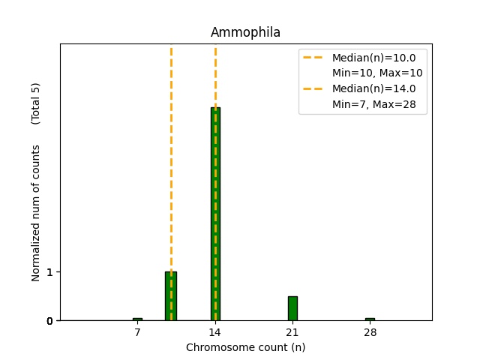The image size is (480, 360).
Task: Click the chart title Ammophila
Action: point(245,32)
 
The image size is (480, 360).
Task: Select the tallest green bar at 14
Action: point(215,214)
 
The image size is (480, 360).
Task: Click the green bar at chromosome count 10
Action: point(171,296)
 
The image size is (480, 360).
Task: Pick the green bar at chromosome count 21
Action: point(292,308)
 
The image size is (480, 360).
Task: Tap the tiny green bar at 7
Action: point(137,319)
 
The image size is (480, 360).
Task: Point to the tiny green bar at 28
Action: point(370,319)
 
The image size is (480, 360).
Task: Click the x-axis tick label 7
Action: point(137,331)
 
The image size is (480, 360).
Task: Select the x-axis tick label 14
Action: point(215,331)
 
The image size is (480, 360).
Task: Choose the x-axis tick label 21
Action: point(292,331)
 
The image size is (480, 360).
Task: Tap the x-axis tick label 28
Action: point(370,331)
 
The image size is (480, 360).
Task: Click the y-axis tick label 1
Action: point(49,271)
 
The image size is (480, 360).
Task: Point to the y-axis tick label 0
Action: point(49,321)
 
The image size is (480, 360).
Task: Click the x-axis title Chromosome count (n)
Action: point(245,347)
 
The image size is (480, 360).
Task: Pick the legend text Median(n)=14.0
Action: point(373,88)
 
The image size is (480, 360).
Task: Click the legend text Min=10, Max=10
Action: point(377,73)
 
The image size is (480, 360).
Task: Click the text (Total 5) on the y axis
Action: point(36,103)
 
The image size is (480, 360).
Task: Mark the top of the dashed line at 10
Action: point(171,49)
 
